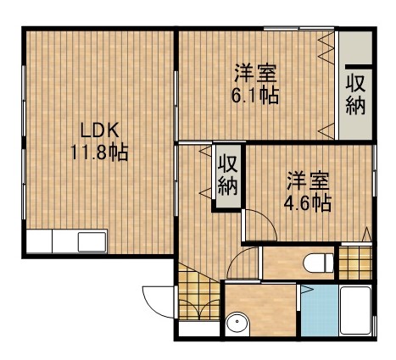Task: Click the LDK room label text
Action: pyautogui.click(x=99, y=130)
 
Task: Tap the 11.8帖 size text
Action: pyautogui.click(x=99, y=155)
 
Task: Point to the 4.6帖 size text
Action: pyautogui.click(x=306, y=202)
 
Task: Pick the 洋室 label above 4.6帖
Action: pyautogui.click(x=306, y=180)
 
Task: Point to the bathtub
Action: pyautogui.click(x=355, y=313)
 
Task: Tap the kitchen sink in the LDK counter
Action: pyautogui.click(x=92, y=241)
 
